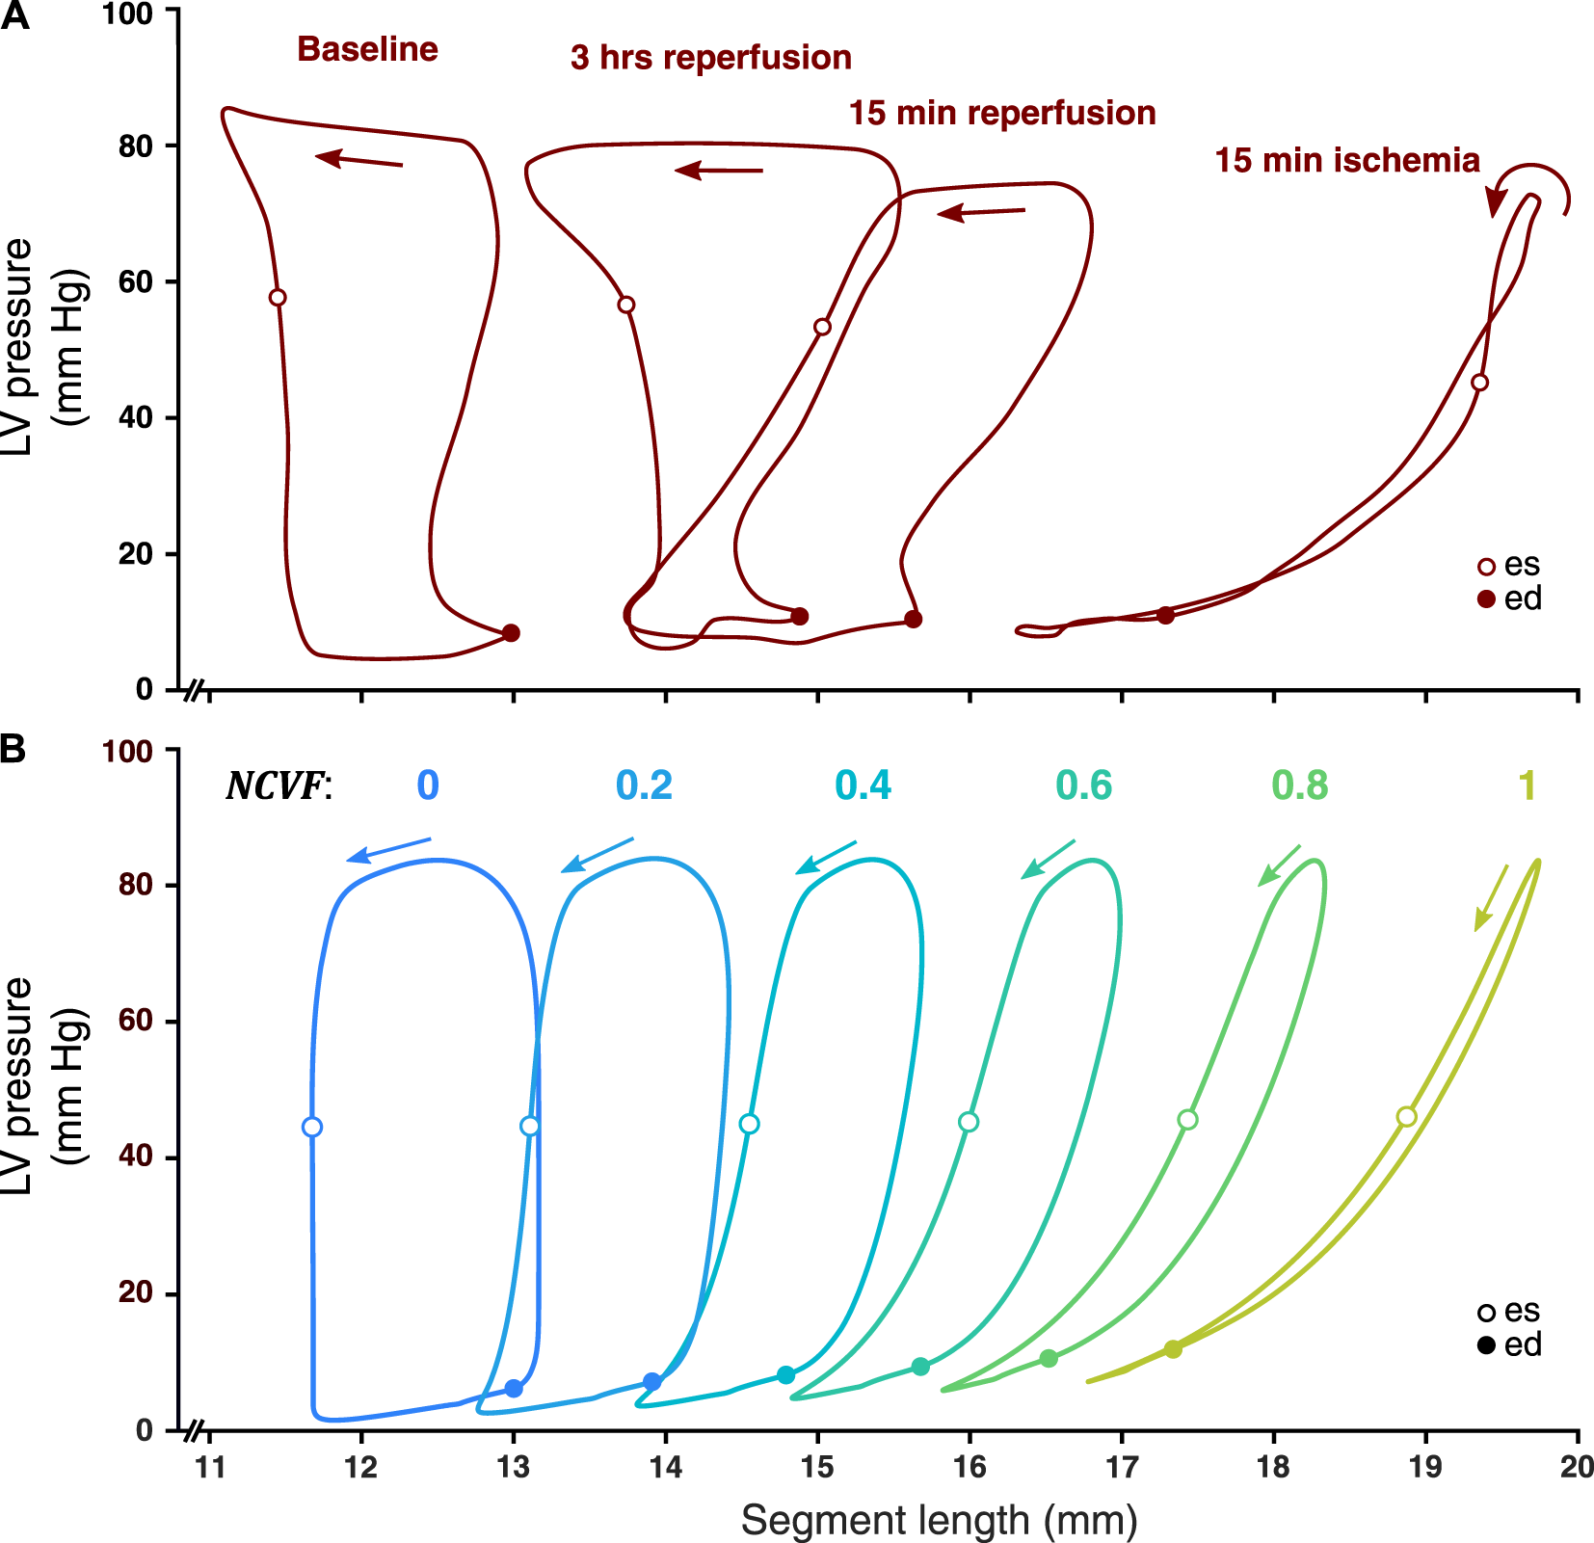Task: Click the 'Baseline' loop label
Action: click(x=367, y=49)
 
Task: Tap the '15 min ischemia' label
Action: click(x=1346, y=160)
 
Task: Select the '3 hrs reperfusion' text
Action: click(x=710, y=58)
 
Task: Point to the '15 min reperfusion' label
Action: click(x=1001, y=114)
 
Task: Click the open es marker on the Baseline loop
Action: click(x=278, y=298)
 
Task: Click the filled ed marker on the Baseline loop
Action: click(x=512, y=633)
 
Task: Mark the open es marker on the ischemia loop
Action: click(x=1480, y=383)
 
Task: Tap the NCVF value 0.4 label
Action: click(x=863, y=786)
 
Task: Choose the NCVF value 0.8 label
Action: click(x=1299, y=786)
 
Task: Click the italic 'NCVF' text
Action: click(x=275, y=786)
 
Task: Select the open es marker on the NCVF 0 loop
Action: click(x=312, y=1127)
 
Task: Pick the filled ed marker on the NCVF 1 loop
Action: click(x=1173, y=1349)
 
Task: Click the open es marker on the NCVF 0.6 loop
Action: click(x=970, y=1122)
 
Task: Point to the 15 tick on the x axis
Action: click(x=817, y=1467)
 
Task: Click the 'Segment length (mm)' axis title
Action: click(x=939, y=1521)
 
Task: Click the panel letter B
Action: click(x=13, y=748)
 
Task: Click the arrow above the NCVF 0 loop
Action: click(x=388, y=850)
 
